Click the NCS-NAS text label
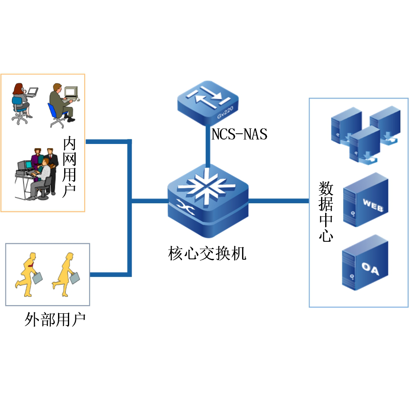pos(239,134)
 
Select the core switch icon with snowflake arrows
pos(208,200)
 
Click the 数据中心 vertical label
pos(326,212)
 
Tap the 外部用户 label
pos(55,319)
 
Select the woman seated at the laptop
pos(21,102)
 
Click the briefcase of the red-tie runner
pos(38,278)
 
